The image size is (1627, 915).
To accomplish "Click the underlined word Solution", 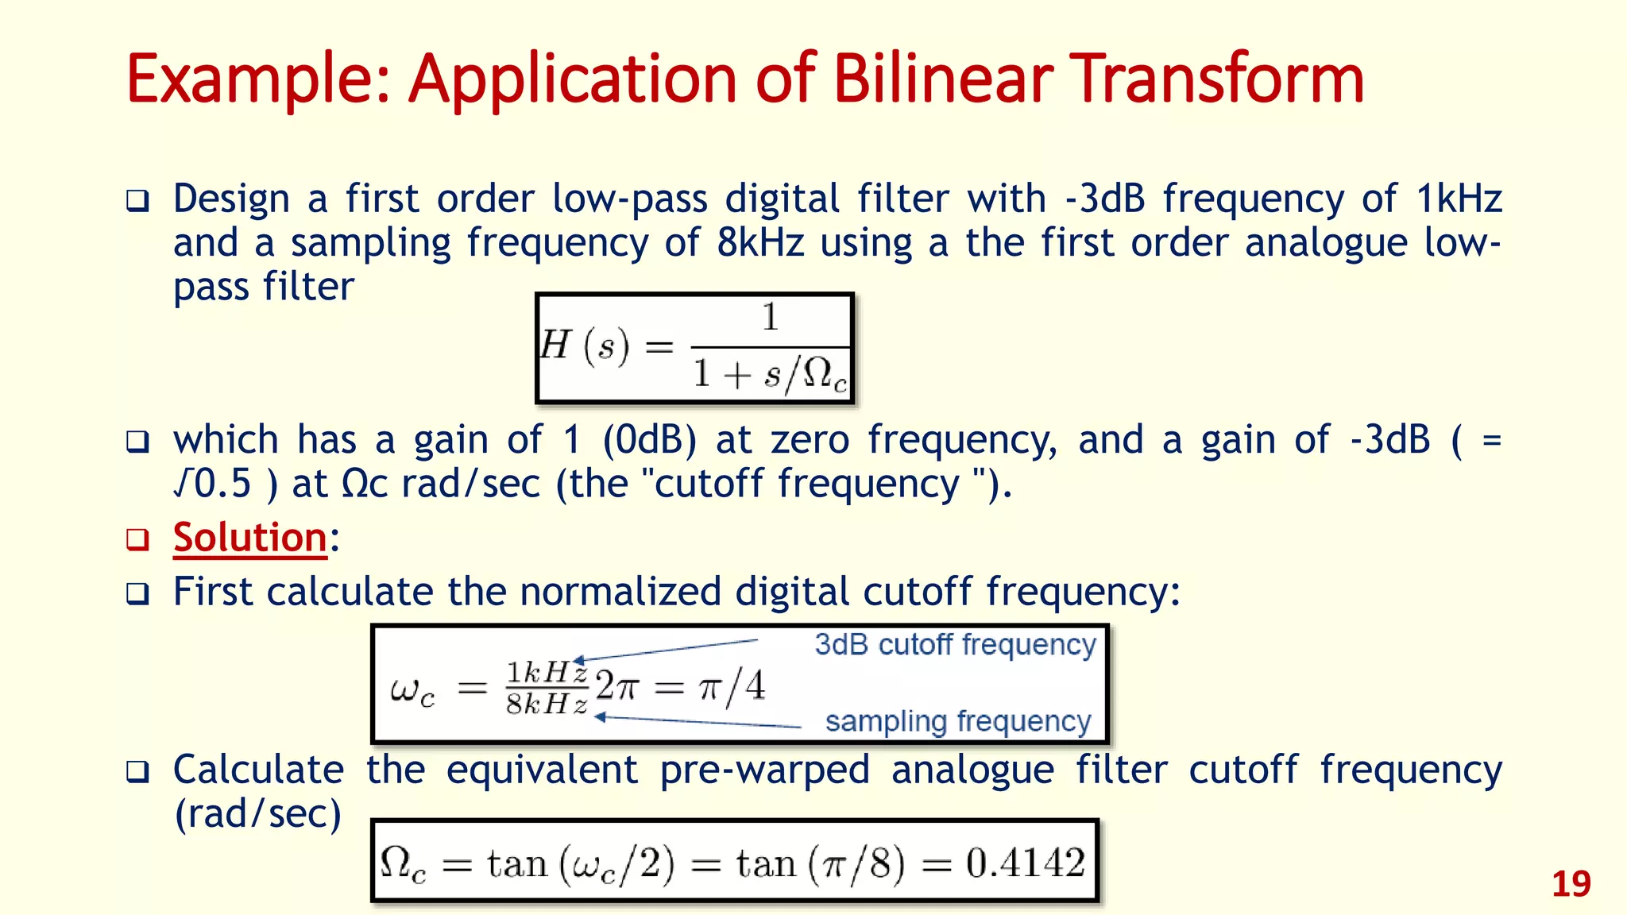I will pos(250,538).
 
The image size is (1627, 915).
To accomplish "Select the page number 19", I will pos(1571,884).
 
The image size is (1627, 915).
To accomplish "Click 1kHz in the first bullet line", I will pos(1459,199).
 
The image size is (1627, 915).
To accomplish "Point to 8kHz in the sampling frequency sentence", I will pos(760,242).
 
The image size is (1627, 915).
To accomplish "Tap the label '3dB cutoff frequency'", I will pos(955,645).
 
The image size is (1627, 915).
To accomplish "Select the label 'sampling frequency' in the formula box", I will pos(958,721).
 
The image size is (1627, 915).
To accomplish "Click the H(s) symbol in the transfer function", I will pos(585,346).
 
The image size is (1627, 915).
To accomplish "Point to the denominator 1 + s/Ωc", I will pos(769,373).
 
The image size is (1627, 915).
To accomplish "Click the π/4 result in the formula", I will pos(732,685).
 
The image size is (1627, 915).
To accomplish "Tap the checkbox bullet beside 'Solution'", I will pos(137,539).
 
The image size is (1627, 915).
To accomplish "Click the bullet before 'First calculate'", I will pos(137,593).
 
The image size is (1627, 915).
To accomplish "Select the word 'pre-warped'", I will pos(764,770).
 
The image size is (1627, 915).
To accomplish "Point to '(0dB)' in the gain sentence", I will pos(649,440).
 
